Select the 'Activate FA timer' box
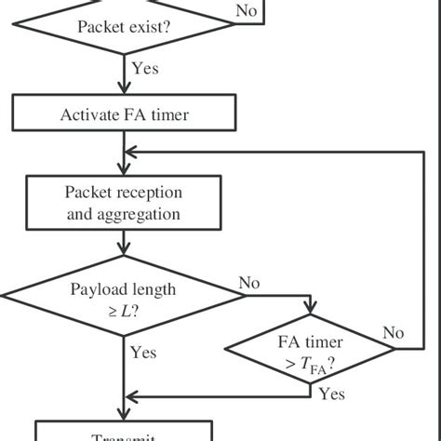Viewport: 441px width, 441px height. pyautogui.click(x=124, y=115)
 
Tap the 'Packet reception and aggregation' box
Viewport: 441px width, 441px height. pyautogui.click(x=124, y=204)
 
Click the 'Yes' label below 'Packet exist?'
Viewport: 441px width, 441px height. pyautogui.click(x=146, y=68)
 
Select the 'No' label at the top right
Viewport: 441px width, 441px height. pyautogui.click(x=247, y=10)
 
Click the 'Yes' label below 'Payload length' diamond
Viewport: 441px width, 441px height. pyautogui.click(x=143, y=353)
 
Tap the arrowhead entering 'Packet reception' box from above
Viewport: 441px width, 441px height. pyautogui.click(x=124, y=171)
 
